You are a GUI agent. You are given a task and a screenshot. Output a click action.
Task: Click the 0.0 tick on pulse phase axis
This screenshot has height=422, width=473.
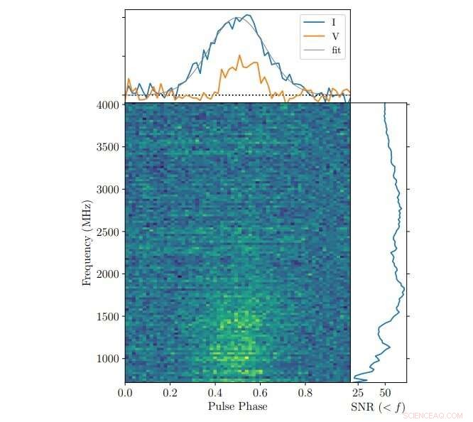(x=125, y=391)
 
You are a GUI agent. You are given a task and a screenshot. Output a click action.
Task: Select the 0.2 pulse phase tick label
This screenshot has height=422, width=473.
(x=170, y=391)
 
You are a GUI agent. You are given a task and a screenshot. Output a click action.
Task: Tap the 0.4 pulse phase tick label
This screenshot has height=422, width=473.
(x=215, y=391)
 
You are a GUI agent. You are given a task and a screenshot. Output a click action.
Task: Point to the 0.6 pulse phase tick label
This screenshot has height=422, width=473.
(x=261, y=391)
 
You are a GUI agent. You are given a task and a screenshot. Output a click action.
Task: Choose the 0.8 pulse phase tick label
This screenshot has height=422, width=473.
(x=305, y=391)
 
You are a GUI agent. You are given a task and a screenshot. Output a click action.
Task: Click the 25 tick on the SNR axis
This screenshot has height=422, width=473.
(x=359, y=391)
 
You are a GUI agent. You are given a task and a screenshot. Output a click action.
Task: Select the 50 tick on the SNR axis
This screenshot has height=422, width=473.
(x=386, y=391)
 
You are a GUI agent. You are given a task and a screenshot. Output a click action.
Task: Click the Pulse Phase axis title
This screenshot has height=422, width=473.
(x=237, y=406)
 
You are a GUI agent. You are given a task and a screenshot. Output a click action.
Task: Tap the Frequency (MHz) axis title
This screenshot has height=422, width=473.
(x=88, y=242)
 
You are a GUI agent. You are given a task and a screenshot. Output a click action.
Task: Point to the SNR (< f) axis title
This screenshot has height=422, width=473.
(x=378, y=407)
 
